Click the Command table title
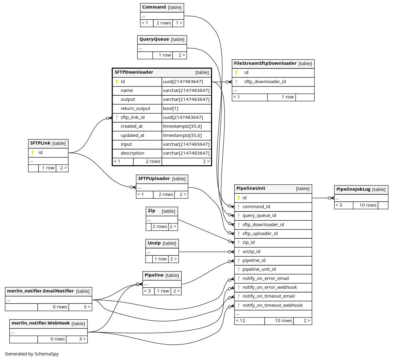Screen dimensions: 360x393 [x=154, y=7]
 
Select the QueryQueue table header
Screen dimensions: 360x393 [x=154, y=39]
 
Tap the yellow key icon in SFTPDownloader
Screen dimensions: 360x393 [x=117, y=82]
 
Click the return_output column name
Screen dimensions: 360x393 [x=135, y=108]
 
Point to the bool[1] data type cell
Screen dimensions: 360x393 [x=171, y=108]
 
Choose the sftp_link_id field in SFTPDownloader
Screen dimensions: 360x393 [x=133, y=117]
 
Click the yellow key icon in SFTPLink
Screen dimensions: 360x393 [x=33, y=152]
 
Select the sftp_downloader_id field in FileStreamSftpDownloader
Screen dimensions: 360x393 [x=265, y=82]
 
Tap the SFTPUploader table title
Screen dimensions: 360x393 [x=154, y=178]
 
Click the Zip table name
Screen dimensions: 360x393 [x=152, y=211]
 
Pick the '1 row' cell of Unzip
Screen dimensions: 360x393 [x=160, y=259]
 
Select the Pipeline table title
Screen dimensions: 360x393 [x=154, y=275]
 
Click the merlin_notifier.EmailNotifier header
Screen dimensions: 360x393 [x=41, y=291]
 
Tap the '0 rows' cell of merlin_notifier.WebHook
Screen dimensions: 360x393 [x=57, y=339]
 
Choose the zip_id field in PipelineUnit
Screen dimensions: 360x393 [x=249, y=242]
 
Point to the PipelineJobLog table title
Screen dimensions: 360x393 [x=353, y=189]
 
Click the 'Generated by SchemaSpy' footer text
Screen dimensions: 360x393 [x=32, y=354]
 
